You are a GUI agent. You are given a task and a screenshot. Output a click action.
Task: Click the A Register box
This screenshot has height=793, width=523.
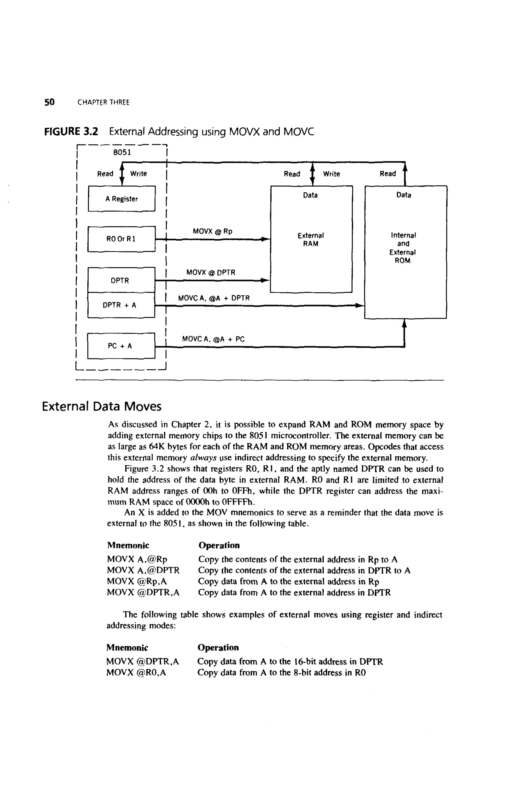coord(122,199)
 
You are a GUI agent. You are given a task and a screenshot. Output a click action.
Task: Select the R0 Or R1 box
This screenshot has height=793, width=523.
coord(121,239)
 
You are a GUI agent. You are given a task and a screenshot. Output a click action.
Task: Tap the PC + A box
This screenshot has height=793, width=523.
coord(121,346)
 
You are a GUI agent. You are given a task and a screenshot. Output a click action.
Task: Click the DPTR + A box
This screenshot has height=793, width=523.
coord(121,305)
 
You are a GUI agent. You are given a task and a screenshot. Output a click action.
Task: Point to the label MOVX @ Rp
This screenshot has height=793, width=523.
coord(212,231)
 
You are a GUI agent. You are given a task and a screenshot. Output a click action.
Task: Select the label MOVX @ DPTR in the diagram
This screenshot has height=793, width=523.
coord(210,273)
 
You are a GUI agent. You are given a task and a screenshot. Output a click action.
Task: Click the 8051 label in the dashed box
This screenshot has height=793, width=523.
coord(122,153)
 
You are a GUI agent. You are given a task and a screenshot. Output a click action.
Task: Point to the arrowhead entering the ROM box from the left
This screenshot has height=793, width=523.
coord(360,305)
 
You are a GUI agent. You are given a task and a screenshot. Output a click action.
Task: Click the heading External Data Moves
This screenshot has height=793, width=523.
coord(102,406)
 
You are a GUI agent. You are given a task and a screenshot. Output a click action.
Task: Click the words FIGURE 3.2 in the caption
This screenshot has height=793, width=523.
coord(71,132)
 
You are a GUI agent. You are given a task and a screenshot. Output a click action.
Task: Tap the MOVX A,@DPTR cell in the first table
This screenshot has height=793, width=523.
coord(143,570)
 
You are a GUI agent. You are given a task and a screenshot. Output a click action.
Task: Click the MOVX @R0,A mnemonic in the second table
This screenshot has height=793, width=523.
coord(136,673)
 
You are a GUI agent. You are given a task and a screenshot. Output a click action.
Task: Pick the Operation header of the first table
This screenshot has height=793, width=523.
coord(219,545)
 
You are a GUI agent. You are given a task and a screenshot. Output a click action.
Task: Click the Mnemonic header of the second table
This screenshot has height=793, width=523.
coord(127,648)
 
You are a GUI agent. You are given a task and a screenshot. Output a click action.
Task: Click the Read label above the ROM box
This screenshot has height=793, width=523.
coord(388,174)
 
